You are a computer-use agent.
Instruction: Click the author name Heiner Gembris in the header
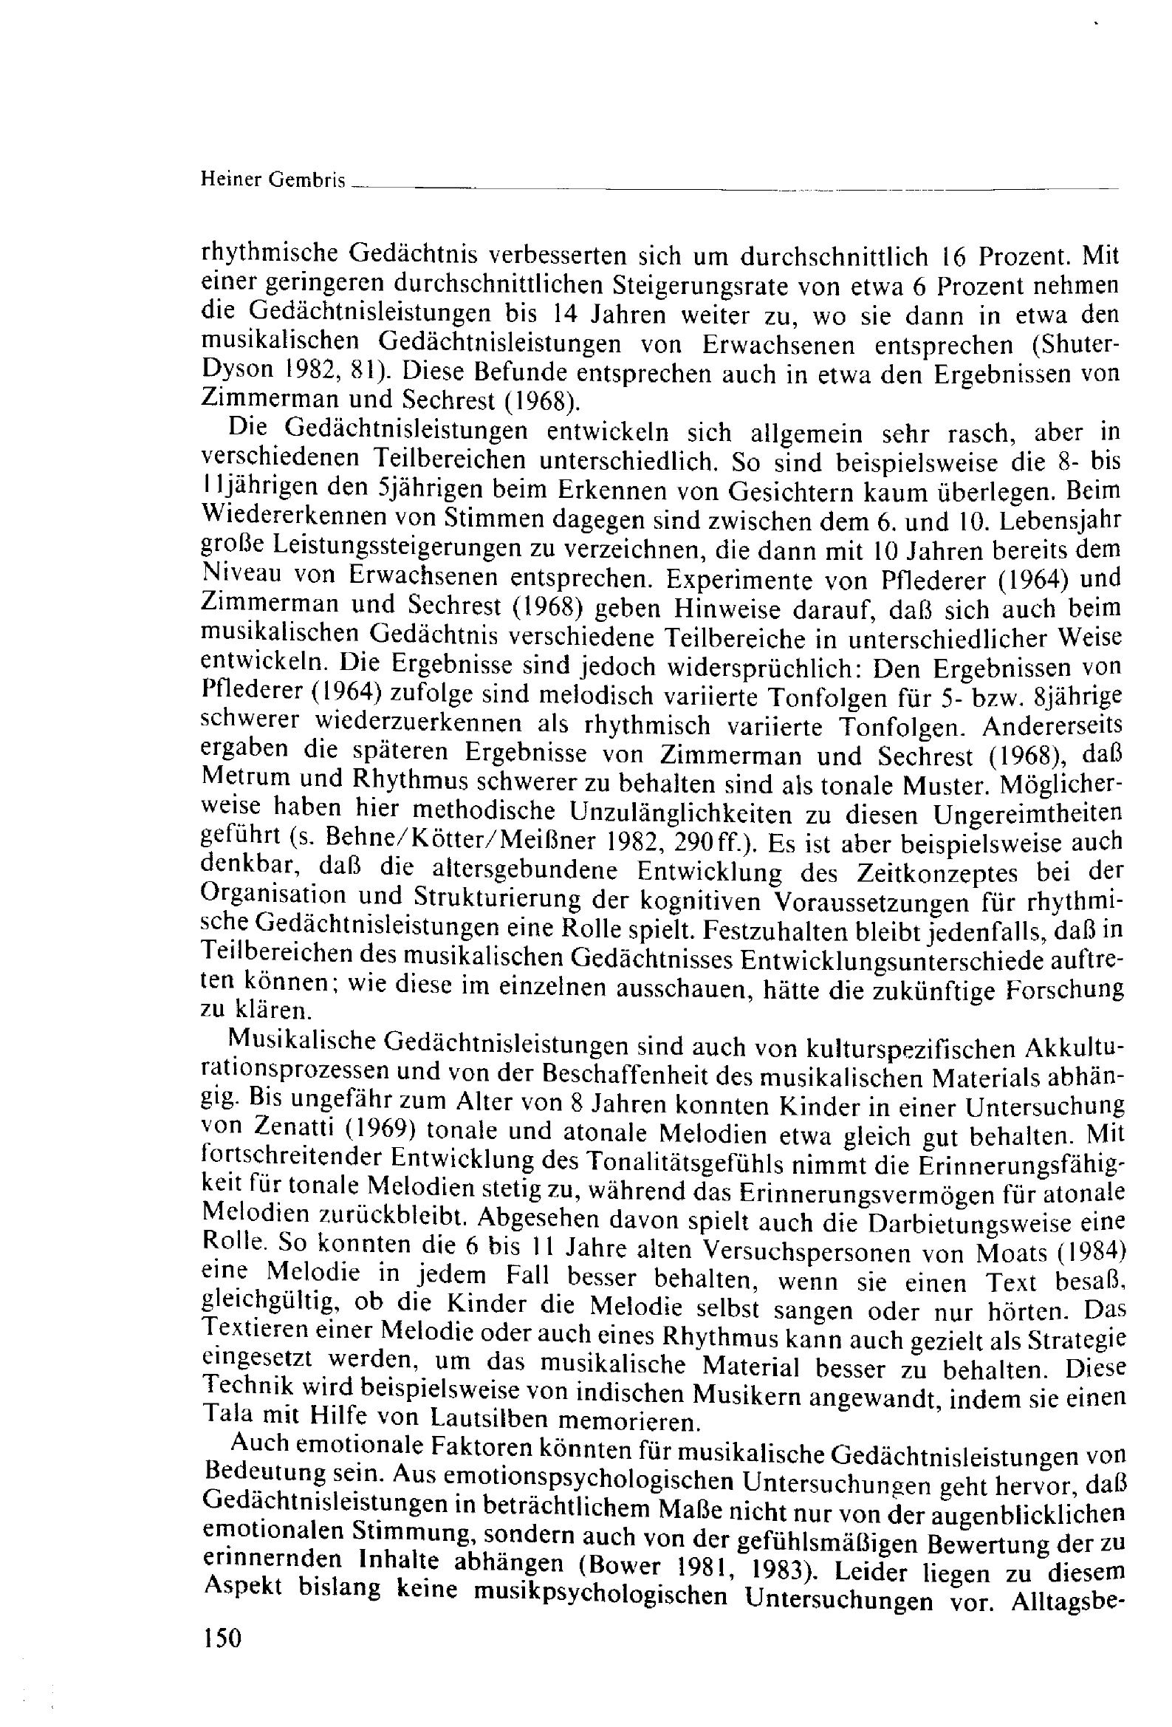pyautogui.click(x=273, y=179)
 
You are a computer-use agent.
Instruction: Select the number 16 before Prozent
pyautogui.click(x=950, y=256)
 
